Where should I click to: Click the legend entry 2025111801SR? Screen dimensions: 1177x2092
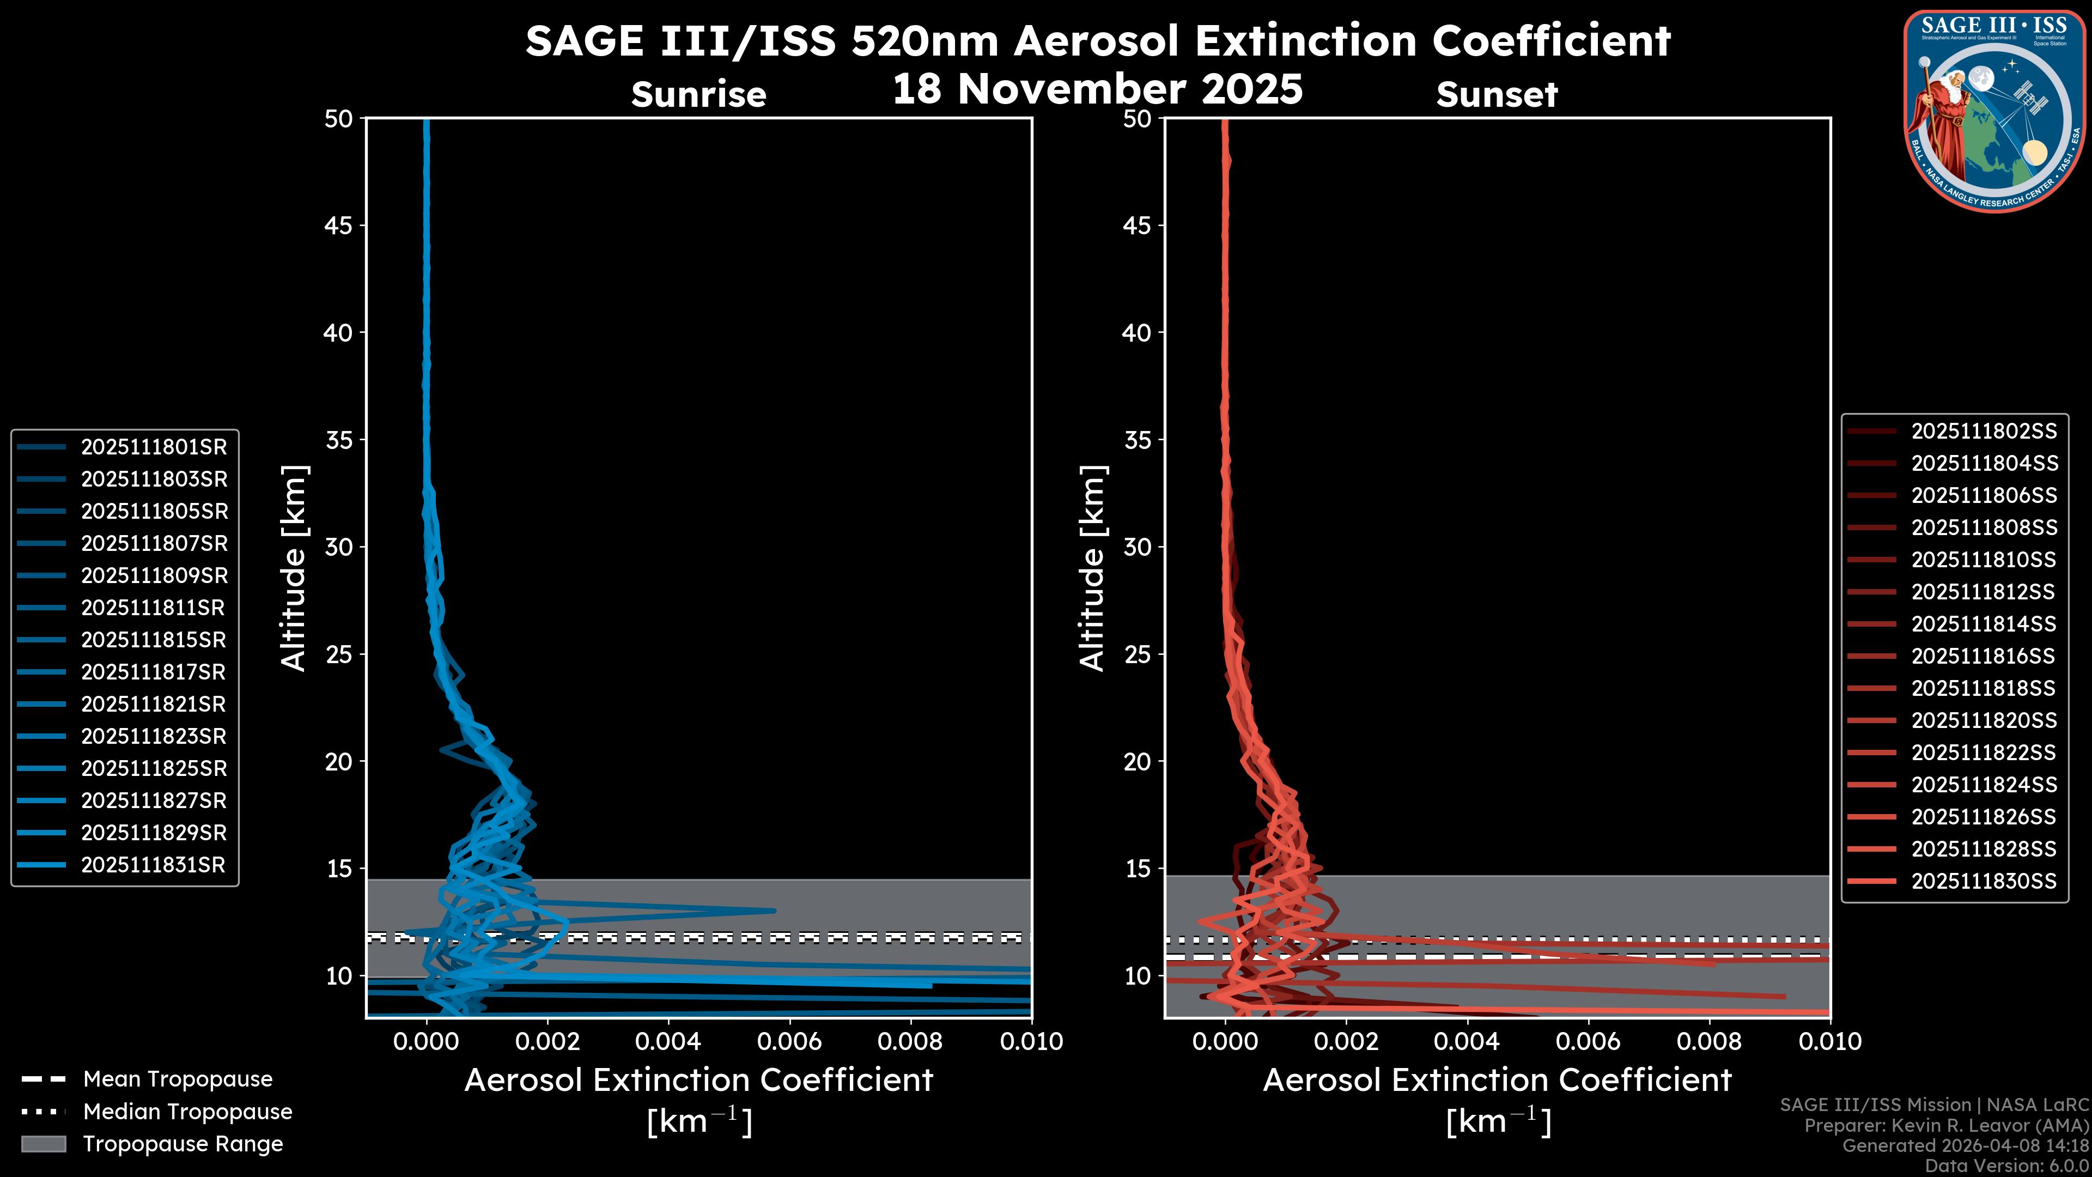coord(154,447)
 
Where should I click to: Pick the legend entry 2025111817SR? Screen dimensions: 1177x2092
coord(154,672)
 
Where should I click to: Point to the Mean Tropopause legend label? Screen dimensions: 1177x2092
coord(178,1079)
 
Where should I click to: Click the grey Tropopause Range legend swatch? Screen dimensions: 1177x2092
coord(43,1144)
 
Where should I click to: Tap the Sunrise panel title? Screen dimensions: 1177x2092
coord(698,95)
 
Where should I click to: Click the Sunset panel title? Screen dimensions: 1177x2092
coord(1497,95)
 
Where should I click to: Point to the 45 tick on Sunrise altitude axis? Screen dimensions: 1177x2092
coord(339,225)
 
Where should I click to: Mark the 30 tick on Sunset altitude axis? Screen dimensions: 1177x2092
coord(1137,547)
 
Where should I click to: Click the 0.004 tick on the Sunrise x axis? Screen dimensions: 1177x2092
coord(667,1041)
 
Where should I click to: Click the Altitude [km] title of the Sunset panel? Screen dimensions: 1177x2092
coord(1092,568)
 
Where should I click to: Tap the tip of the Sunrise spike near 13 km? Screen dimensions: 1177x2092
coord(775,911)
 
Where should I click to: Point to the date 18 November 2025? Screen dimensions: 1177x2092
coord(1097,89)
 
